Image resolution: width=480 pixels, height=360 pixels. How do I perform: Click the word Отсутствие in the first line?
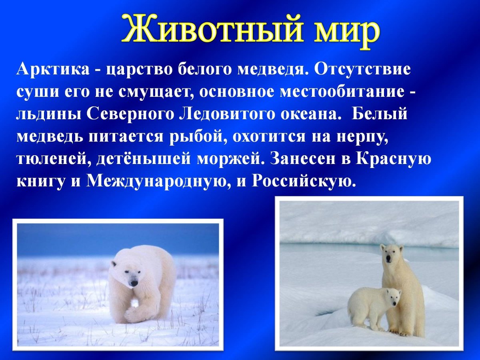(x=362, y=70)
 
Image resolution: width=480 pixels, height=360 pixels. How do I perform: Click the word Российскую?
(x=304, y=182)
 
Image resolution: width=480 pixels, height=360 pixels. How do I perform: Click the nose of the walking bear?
(x=134, y=283)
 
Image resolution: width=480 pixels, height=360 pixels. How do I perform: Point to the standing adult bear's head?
(x=392, y=255)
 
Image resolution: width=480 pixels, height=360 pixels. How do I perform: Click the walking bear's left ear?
(x=114, y=264)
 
